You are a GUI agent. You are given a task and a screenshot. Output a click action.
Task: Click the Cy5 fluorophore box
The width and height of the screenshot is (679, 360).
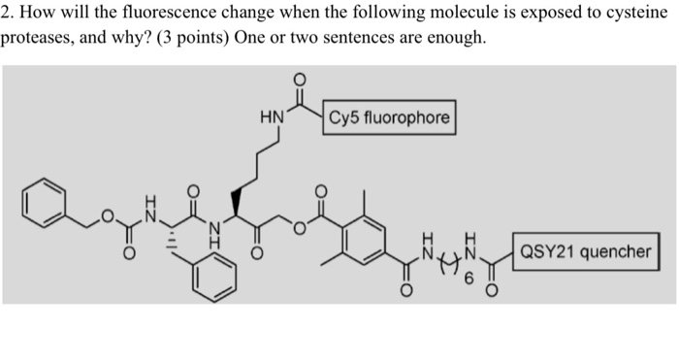coord(389,118)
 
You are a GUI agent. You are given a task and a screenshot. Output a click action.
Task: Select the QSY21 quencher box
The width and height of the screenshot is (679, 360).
coord(585,252)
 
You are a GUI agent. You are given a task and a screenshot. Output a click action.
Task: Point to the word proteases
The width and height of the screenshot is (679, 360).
coord(36,38)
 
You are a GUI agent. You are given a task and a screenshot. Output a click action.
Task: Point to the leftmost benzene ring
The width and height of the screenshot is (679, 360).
coord(43,206)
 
